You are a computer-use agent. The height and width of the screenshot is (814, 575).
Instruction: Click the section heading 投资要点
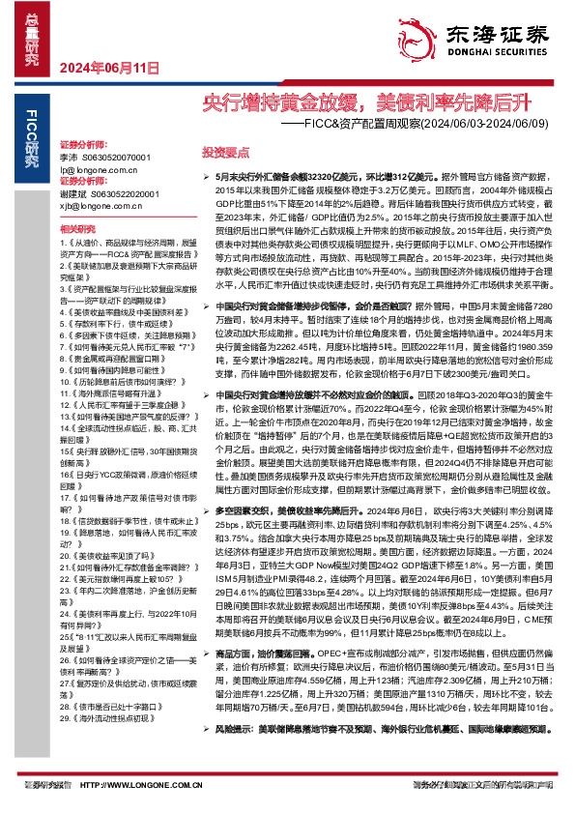[224, 153]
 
